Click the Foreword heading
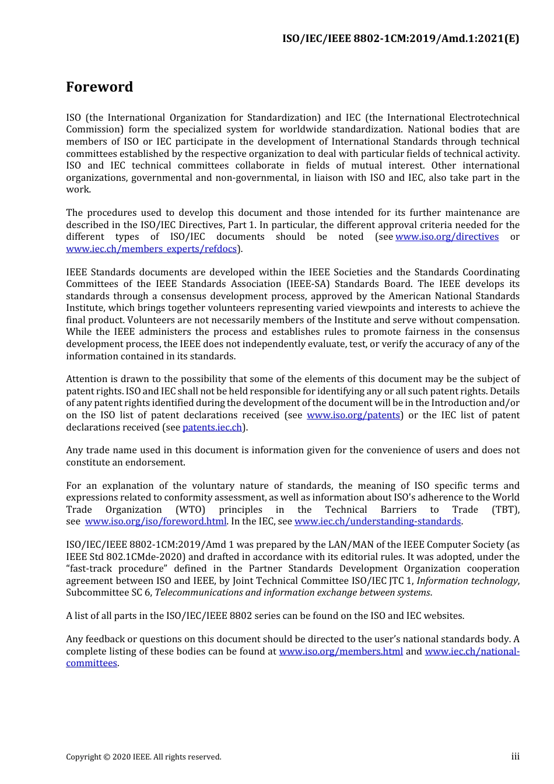[x=99, y=87]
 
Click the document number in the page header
[x=401, y=39]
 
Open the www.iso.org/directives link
[x=447, y=237]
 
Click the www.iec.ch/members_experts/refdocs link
[x=152, y=249]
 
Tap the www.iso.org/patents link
[x=353, y=415]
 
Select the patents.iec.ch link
[x=212, y=428]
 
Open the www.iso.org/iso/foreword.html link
[x=156, y=521]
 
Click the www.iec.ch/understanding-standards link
[x=378, y=521]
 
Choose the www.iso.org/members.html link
[x=341, y=652]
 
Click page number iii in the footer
[x=515, y=757]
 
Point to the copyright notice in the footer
[x=143, y=757]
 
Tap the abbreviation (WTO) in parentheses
[x=190, y=510]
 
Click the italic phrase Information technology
[x=467, y=581]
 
